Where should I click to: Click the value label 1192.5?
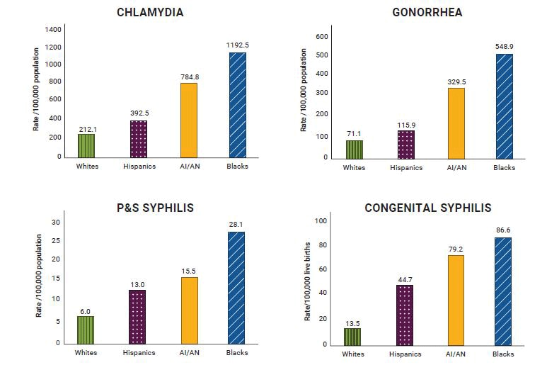coord(237,45)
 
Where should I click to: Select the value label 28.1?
coord(236,225)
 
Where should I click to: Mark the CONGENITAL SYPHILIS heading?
coord(428,208)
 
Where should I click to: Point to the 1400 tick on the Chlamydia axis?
coord(53,30)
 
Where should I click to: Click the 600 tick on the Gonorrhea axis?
coord(321,36)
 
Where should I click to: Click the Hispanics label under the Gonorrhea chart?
coord(406,168)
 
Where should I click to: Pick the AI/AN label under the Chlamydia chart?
coord(189,167)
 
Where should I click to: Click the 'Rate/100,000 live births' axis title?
coord(308,283)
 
